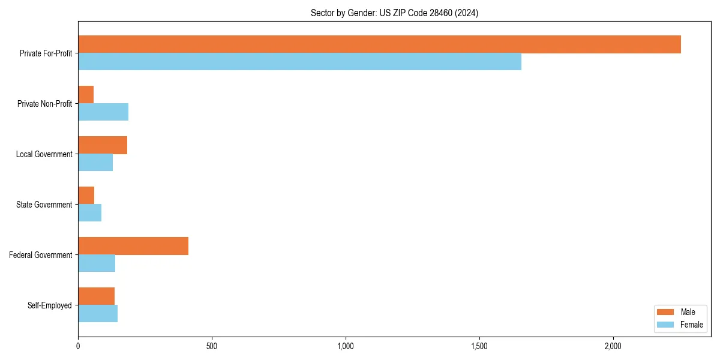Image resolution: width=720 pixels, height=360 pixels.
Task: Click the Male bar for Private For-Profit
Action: point(379,44)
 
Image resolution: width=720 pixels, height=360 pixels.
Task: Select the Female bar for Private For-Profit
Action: point(299,62)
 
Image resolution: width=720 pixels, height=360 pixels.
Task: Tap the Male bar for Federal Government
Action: point(133,246)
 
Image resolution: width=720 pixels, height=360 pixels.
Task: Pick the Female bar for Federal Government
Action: point(97,263)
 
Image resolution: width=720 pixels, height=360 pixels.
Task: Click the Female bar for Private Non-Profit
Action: point(103,112)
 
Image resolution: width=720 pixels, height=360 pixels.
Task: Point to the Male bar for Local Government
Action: point(103,145)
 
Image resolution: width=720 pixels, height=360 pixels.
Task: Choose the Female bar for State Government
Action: point(89,213)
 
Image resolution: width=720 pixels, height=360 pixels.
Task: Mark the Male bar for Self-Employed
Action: point(96,296)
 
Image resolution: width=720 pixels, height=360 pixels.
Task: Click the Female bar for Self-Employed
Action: point(98,314)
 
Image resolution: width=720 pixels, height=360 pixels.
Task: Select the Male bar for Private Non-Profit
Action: point(86,95)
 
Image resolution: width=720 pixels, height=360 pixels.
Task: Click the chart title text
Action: point(394,13)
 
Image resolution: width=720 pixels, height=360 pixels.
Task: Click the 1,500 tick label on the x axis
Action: point(479,346)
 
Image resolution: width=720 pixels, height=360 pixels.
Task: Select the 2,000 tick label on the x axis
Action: point(613,346)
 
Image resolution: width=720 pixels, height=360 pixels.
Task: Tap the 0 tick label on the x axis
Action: point(78,346)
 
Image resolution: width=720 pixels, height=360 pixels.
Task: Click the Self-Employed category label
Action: point(50,305)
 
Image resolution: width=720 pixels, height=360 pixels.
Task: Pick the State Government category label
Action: point(44,205)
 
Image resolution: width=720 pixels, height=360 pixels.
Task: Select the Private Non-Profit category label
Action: point(45,104)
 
